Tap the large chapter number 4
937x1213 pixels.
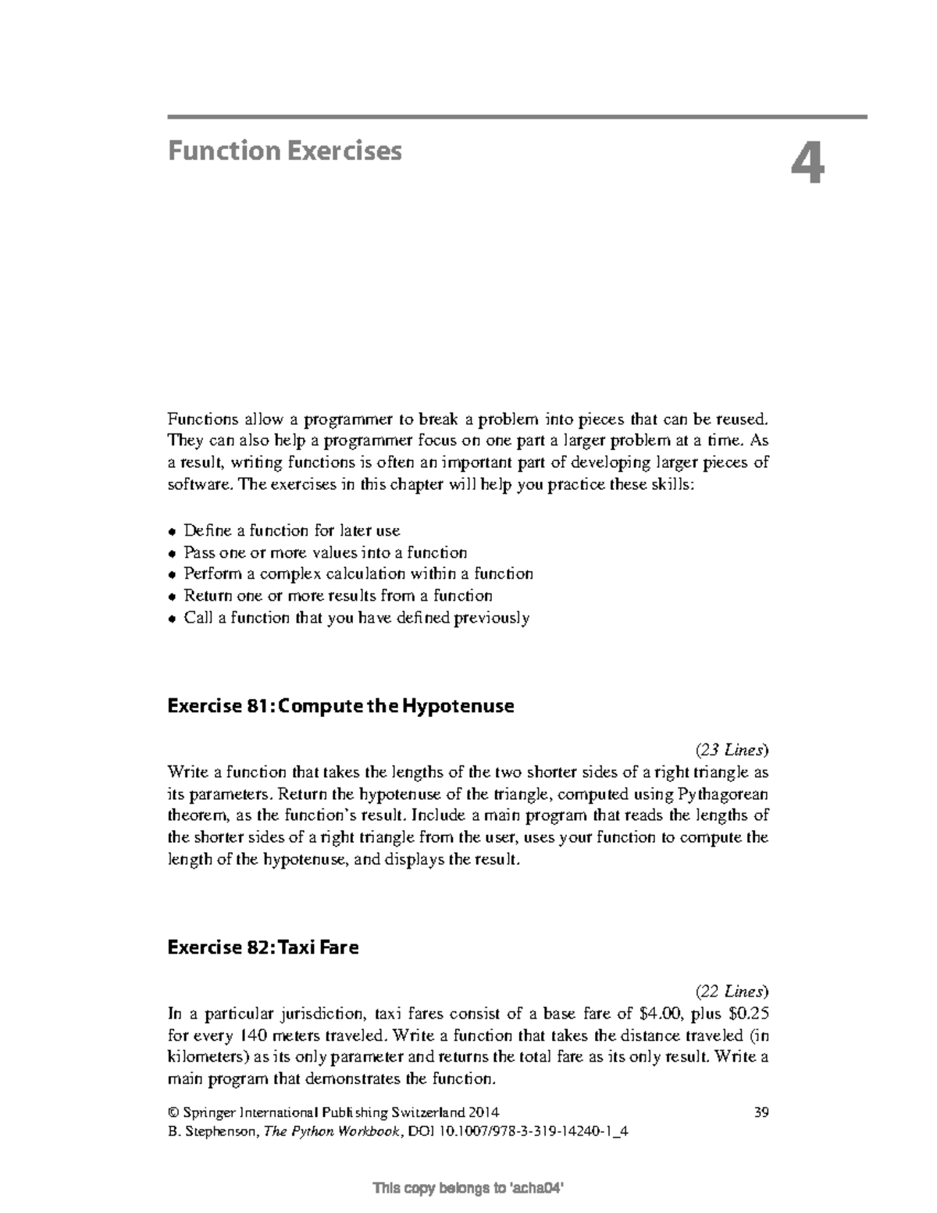[807, 166]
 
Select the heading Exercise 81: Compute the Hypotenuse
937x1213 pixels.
[340, 706]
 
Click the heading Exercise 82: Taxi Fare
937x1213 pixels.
[263, 947]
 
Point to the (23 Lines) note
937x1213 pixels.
[732, 750]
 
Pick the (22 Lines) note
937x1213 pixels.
[732, 992]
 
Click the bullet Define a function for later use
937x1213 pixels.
[291, 530]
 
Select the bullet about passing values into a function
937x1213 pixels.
[325, 552]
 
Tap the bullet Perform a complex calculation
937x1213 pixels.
[358, 574]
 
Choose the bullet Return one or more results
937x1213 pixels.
[337, 595]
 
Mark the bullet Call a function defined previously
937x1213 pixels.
[356, 618]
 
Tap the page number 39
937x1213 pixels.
[761, 1112]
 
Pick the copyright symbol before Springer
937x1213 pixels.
[173, 1112]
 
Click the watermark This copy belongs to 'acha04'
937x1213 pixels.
[468, 1189]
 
